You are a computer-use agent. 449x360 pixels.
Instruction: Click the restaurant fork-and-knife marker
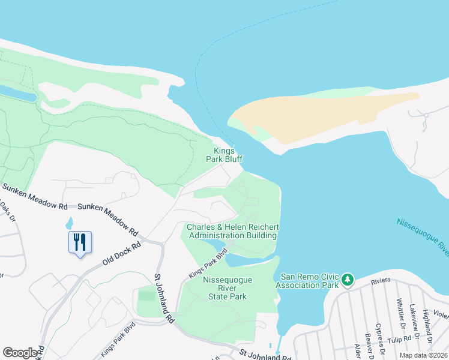(x=80, y=242)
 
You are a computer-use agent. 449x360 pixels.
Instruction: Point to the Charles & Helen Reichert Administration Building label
(x=232, y=231)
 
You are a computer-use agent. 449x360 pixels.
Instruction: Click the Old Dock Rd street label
(x=121, y=254)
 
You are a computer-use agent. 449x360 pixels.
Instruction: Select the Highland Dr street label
(x=426, y=323)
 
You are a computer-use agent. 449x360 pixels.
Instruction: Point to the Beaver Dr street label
(x=367, y=345)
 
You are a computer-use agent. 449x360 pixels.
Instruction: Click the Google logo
(x=20, y=353)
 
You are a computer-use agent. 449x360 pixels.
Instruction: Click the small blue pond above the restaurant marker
(x=69, y=223)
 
